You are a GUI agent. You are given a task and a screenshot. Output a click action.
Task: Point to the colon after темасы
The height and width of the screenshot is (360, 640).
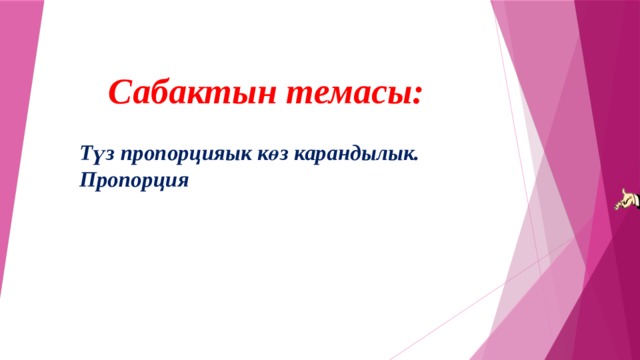(418, 97)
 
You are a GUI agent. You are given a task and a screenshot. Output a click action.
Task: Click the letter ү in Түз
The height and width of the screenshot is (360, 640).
(95, 159)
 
